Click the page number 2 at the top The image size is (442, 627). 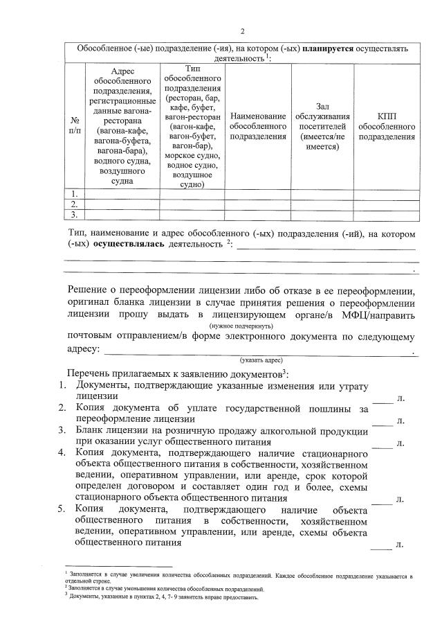pos(243,31)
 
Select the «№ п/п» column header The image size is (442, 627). pos(74,125)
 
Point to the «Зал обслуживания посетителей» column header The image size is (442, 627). pos(322,126)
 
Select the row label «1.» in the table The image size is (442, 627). pos(74,194)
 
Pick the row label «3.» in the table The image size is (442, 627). pos(74,215)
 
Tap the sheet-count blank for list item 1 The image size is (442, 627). pos(382,399)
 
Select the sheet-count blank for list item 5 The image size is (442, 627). pos(382,545)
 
